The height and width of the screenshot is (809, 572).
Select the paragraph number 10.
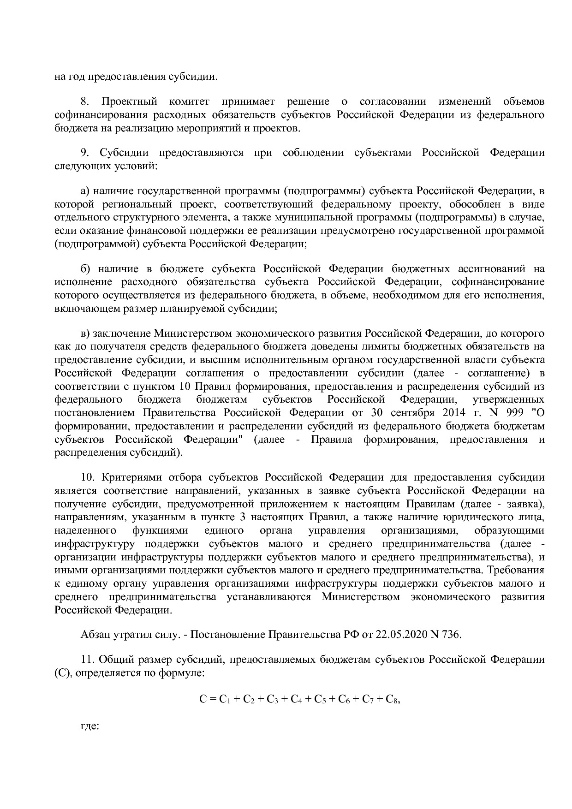click(87, 477)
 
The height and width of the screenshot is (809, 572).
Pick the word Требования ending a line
click(518, 570)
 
